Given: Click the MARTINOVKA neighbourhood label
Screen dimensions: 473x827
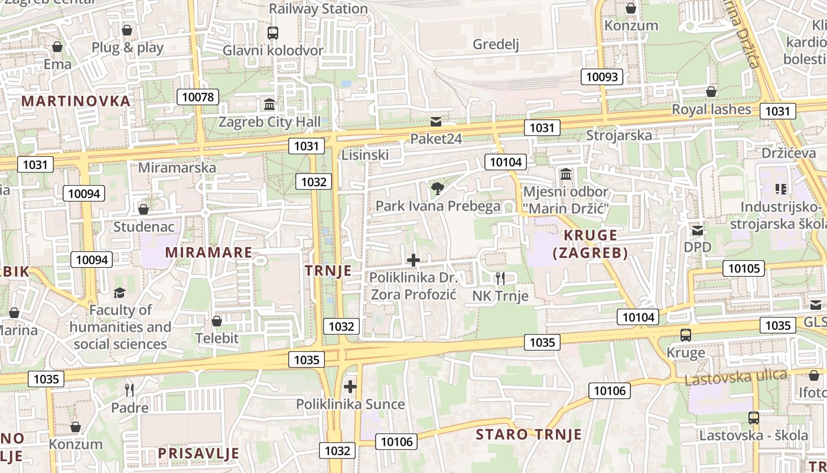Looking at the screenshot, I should [x=76, y=101].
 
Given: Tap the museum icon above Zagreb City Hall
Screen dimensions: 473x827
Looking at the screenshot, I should [x=269, y=105].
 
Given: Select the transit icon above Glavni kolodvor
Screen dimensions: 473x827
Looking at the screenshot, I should [x=272, y=33].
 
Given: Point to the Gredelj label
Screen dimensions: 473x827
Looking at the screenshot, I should [x=496, y=44].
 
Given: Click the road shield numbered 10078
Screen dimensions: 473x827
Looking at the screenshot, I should [x=198, y=97].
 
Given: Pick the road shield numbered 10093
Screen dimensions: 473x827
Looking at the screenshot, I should [x=602, y=77].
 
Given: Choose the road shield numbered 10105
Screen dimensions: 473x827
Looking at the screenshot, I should [x=744, y=268].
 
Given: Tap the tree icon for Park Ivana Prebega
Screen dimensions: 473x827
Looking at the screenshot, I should [x=437, y=189].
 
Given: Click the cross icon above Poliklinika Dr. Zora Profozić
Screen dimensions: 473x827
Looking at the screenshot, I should [x=413, y=260].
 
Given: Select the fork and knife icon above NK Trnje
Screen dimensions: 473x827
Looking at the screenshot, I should [x=500, y=278].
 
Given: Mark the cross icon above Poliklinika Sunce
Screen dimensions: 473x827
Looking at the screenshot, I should [x=350, y=387].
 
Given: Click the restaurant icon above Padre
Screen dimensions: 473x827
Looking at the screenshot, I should [x=129, y=390].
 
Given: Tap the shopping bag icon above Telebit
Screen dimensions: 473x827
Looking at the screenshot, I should [x=217, y=321].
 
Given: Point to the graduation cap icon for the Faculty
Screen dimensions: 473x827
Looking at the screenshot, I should [x=120, y=293].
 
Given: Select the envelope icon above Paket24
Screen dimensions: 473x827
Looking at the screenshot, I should [x=436, y=122].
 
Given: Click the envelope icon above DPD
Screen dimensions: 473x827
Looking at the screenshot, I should [x=698, y=230].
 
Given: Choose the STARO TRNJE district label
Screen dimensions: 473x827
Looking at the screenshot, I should [x=529, y=435].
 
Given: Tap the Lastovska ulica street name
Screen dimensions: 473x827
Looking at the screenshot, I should [x=735, y=377].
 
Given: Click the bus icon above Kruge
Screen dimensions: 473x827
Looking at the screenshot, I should [x=685, y=335].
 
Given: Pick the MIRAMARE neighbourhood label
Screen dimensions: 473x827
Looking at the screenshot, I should [x=209, y=252].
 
